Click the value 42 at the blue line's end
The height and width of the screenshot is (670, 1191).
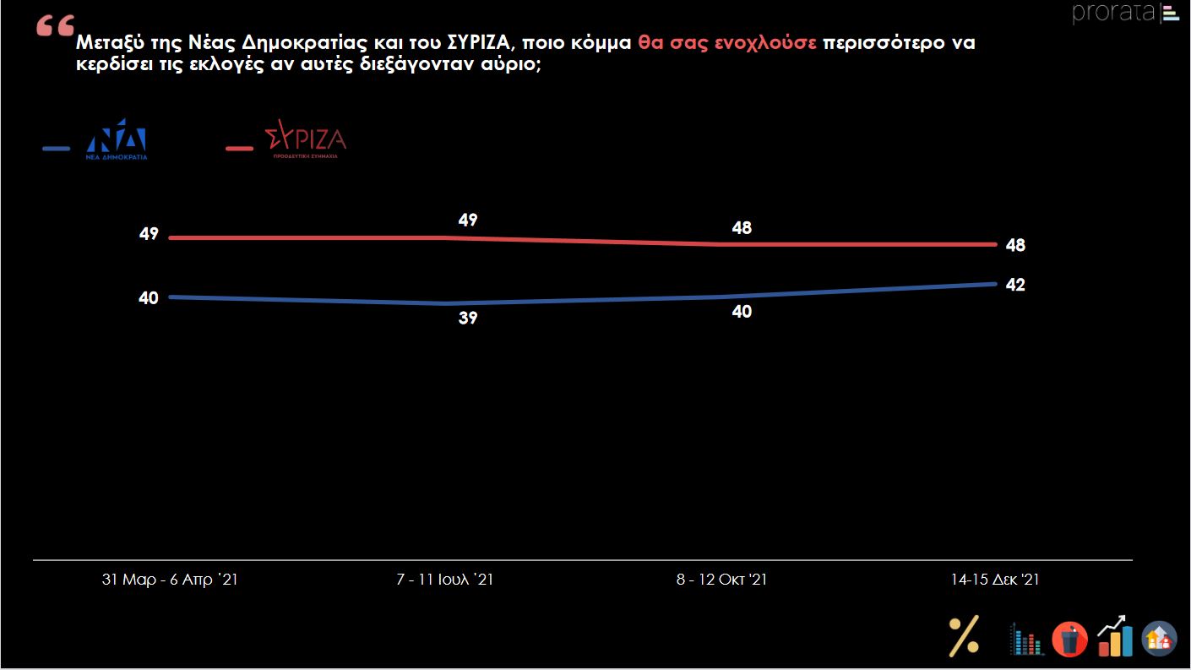click(x=1015, y=285)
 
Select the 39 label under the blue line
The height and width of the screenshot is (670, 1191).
click(x=468, y=319)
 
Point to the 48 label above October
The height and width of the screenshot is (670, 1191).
click(x=742, y=228)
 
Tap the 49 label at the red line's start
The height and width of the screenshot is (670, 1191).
click(x=149, y=235)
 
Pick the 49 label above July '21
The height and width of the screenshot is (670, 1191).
click(x=468, y=220)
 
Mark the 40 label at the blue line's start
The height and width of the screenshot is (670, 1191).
click(x=149, y=297)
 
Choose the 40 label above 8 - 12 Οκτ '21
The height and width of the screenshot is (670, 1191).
click(x=742, y=312)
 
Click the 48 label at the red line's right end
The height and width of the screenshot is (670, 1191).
click(x=1015, y=246)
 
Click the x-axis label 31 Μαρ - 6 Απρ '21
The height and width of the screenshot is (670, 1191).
click(x=170, y=580)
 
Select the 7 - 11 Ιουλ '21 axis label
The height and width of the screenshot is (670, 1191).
click(x=444, y=580)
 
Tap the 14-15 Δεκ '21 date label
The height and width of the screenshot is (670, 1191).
click(x=994, y=580)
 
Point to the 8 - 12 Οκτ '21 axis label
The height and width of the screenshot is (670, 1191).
click(x=721, y=580)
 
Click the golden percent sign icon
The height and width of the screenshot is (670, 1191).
click(x=964, y=635)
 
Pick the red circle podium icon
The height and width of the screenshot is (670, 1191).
click(x=1069, y=639)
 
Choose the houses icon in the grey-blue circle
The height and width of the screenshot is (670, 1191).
click(x=1159, y=639)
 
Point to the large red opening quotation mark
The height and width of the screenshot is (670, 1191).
click(x=56, y=27)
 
